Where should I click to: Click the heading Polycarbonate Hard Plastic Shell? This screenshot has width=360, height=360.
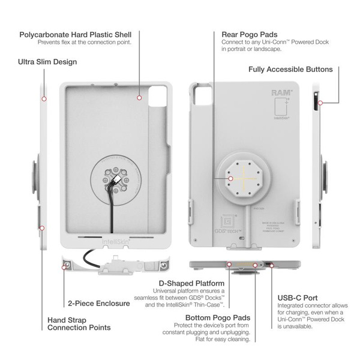(x=75, y=34)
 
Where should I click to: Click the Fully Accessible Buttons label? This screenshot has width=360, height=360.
(x=290, y=70)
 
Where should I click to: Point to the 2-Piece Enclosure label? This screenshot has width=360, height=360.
(x=98, y=304)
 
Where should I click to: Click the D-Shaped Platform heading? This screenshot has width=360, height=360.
(x=191, y=283)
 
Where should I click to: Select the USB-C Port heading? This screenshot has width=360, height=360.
(x=298, y=298)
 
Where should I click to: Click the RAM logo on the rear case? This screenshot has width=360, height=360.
(x=281, y=93)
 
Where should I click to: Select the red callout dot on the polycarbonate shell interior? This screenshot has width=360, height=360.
(x=139, y=97)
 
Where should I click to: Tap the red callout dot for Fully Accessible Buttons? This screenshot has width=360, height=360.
(x=320, y=103)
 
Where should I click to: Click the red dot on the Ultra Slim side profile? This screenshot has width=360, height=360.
(x=44, y=98)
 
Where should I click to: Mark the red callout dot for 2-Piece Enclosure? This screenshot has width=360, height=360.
(x=64, y=269)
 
